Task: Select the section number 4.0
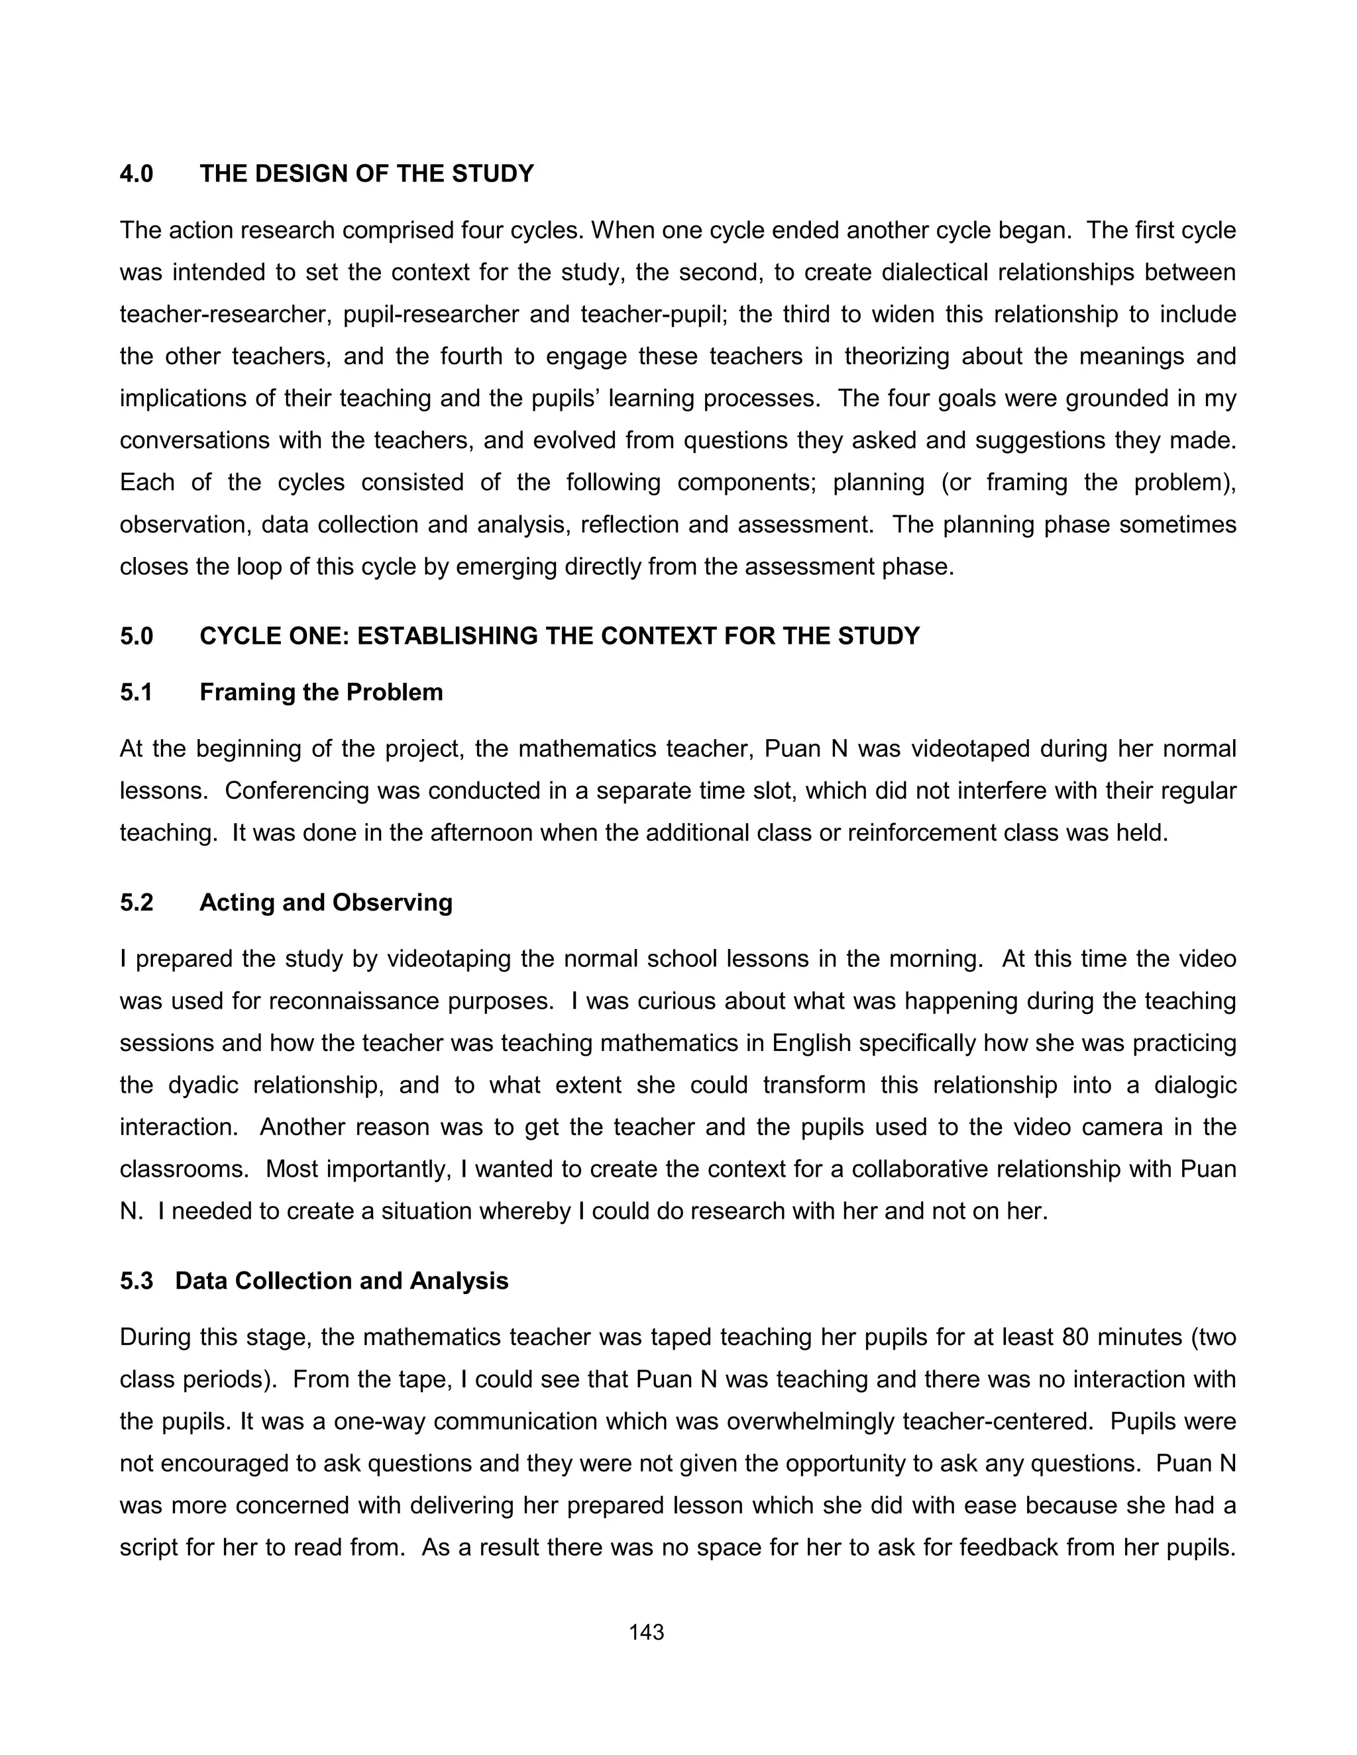coord(136,174)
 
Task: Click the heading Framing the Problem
coord(321,692)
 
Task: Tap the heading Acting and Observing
coord(325,903)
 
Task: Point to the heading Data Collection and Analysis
coord(342,1280)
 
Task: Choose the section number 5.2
coord(136,903)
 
